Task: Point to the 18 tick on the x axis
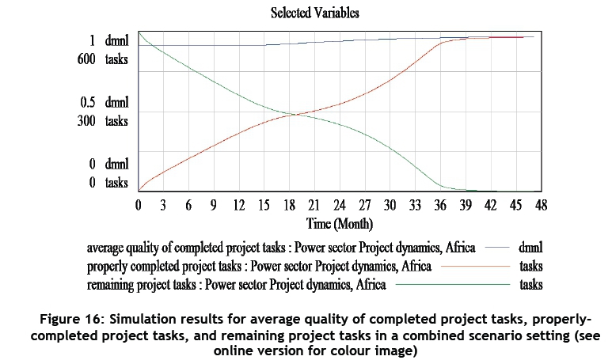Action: pyautogui.click(x=289, y=205)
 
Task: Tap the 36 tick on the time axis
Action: pyautogui.click(x=439, y=205)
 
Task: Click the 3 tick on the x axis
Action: pyautogui.click(x=163, y=205)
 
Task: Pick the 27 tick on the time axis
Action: pyautogui.click(x=364, y=205)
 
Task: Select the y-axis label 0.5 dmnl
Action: pyautogui.click(x=109, y=102)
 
